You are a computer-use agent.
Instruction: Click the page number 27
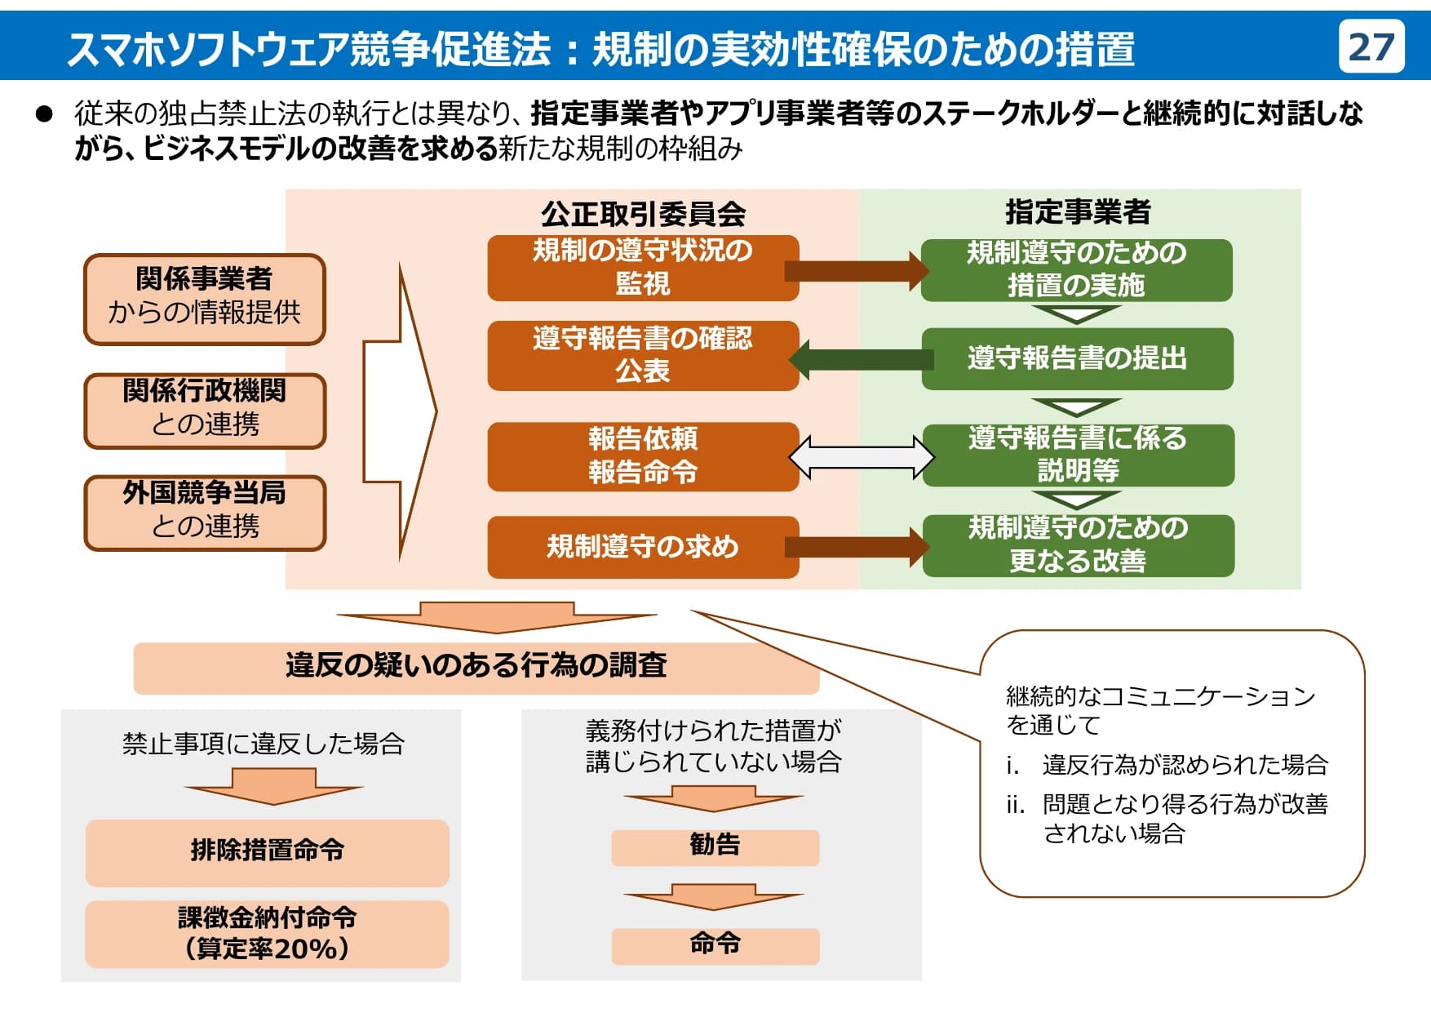[x=1371, y=47]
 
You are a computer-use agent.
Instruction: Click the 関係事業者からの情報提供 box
[x=204, y=299]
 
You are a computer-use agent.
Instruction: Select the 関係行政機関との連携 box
[x=204, y=411]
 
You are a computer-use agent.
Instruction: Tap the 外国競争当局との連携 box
[x=204, y=513]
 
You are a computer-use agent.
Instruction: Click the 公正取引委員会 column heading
[x=643, y=214]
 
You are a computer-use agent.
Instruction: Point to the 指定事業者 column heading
[x=1077, y=212]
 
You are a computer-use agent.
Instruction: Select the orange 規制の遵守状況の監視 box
[x=643, y=268]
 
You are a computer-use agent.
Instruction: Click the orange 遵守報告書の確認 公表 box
[x=643, y=355]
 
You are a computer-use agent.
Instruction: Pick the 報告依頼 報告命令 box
[x=643, y=455]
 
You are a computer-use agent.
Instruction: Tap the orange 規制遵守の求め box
[x=643, y=546]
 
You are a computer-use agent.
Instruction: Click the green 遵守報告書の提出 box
[x=1077, y=358]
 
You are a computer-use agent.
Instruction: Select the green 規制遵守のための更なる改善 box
[x=1077, y=544]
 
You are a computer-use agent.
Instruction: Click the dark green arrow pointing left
[x=861, y=359]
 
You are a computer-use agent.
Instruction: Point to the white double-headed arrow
[x=861, y=456]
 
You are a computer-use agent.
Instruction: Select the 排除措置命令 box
[x=267, y=851]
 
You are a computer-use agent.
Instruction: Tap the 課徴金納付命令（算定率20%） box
[x=267, y=934]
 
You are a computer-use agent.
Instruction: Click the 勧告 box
[x=715, y=846]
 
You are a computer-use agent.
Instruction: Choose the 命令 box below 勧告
[x=715, y=945]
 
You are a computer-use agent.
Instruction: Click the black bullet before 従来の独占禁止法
[x=44, y=113]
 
